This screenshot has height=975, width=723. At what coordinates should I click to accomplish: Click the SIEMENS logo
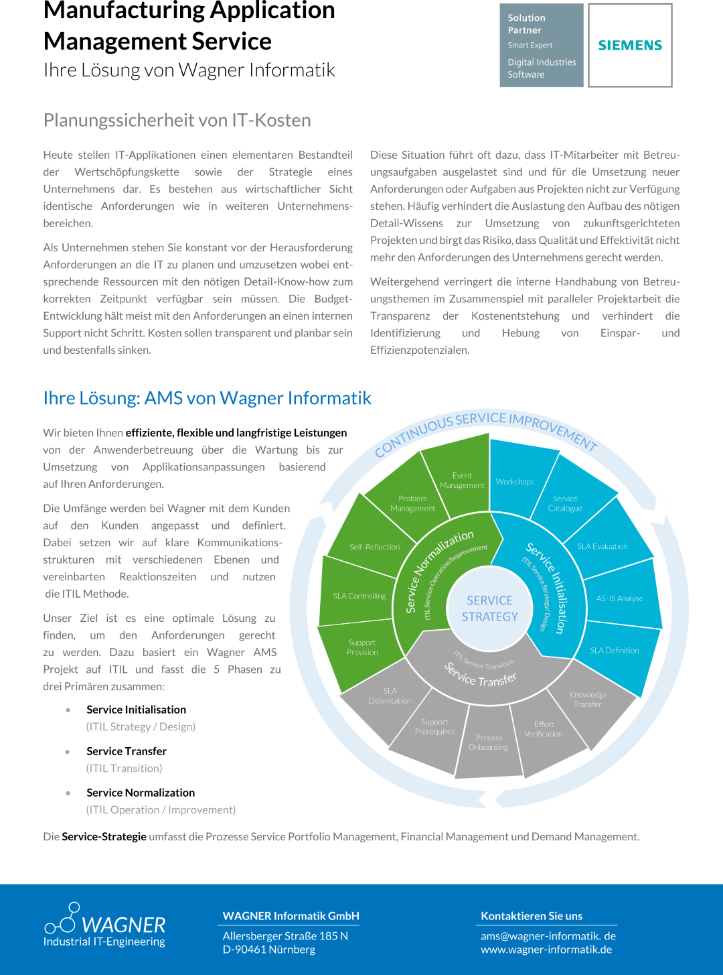point(630,46)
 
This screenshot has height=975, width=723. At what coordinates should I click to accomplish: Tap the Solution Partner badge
point(542,46)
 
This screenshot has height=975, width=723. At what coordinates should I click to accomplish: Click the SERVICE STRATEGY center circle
point(490,608)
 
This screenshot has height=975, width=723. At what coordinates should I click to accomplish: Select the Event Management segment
point(462,480)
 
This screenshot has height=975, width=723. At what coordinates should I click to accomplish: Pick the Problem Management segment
point(412,503)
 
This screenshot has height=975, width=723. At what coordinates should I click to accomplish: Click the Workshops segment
point(515,481)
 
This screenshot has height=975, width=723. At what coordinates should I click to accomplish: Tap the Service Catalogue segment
point(565,503)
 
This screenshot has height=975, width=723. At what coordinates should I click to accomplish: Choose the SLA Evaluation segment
point(602,546)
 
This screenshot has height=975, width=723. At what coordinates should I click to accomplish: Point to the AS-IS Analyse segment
point(619,598)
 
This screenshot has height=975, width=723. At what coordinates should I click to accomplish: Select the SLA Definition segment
point(615,650)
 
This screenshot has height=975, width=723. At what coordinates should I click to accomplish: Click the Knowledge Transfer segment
point(588,699)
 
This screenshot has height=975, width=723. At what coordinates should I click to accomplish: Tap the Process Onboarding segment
point(489,742)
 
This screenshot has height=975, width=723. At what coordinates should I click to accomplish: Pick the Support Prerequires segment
point(434,726)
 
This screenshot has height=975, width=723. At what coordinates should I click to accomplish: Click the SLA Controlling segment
point(359,596)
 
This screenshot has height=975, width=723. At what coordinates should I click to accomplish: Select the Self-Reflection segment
point(374,547)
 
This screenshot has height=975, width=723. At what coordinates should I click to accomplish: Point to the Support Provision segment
point(362,647)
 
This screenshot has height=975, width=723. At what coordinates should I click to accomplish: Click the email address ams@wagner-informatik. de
point(548,935)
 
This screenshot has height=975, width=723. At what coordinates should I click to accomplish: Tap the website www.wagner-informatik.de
point(546,949)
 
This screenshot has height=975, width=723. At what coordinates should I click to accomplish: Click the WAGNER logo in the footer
point(104,925)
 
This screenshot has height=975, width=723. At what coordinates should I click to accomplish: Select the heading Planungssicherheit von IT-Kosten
point(177,121)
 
